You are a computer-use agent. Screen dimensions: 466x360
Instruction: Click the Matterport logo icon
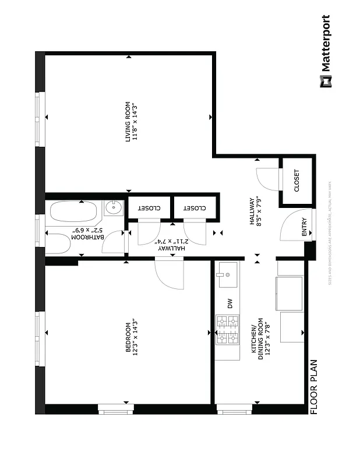click(x=325, y=81)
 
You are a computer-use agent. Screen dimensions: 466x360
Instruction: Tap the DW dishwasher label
click(x=230, y=303)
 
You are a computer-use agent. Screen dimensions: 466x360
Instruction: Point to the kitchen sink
click(x=227, y=276)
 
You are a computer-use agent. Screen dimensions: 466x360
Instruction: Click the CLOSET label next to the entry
click(x=297, y=181)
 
